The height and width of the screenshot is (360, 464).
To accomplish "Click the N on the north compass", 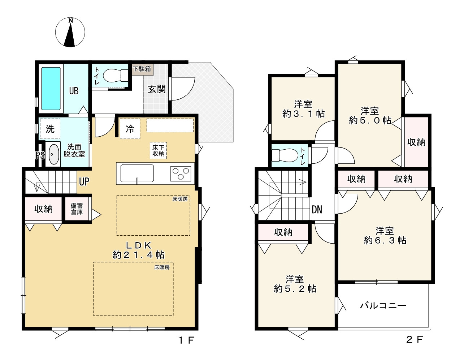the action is (71, 21).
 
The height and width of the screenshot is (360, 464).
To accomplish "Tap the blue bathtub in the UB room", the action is (51, 89).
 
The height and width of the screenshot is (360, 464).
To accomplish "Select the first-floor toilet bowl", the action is (115, 76).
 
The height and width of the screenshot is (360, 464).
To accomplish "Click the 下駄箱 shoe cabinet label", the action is (142, 69).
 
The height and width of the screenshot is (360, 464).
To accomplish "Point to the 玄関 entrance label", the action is (157, 89).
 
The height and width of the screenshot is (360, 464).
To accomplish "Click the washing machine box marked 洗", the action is (50, 129).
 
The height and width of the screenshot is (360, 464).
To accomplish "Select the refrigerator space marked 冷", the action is (130, 129).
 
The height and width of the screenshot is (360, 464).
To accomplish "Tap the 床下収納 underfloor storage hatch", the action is (158, 150).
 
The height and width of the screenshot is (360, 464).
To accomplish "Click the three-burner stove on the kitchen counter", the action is (181, 174).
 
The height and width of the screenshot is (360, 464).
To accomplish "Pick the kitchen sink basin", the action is (137, 173).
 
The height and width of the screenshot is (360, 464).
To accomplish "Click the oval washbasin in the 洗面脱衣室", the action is (53, 154).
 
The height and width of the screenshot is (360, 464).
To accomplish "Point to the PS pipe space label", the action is (40, 155).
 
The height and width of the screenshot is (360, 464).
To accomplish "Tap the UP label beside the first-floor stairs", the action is (84, 181).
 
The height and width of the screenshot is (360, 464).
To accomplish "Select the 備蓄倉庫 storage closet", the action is (77, 209).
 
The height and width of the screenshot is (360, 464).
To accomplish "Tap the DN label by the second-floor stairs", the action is (317, 210).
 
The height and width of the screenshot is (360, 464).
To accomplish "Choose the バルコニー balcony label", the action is (383, 306).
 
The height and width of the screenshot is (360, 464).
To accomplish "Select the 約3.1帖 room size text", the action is (303, 113).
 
